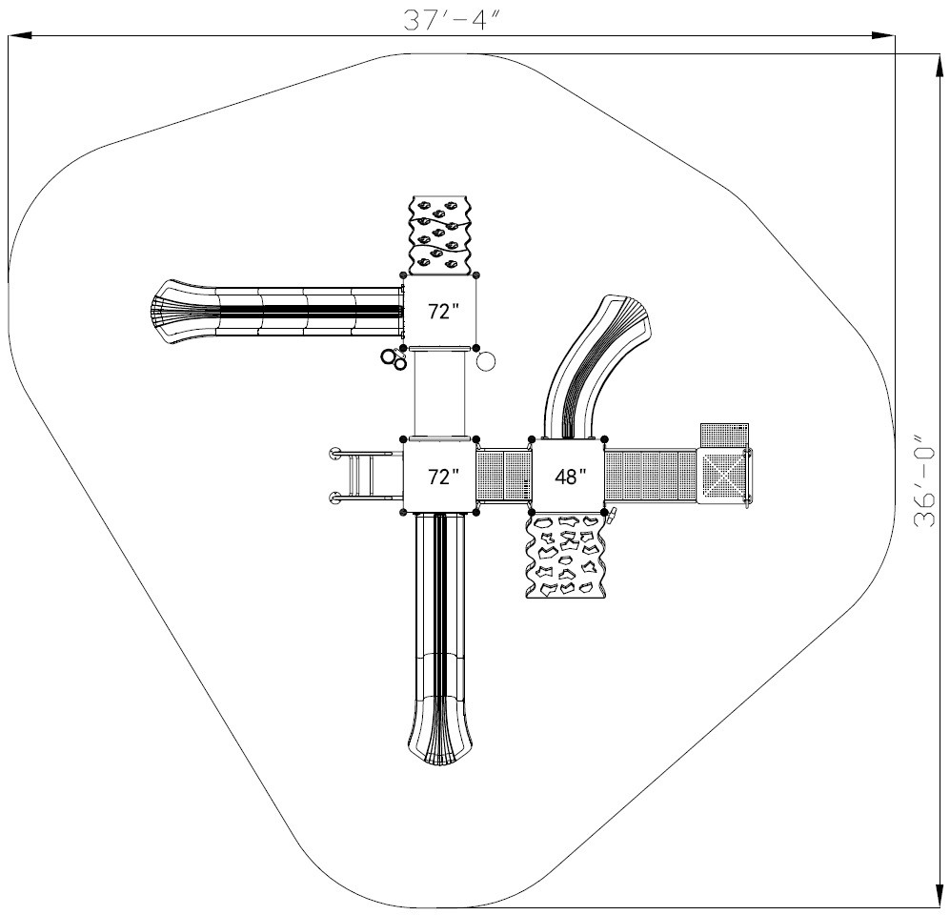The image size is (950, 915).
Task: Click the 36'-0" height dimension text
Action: pyautogui.click(x=922, y=482)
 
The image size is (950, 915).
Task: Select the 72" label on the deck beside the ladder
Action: pyautogui.click(x=440, y=477)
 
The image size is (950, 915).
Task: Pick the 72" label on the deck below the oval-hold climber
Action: pyautogui.click(x=440, y=313)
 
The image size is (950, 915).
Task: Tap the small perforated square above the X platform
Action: pyautogui.click(x=723, y=434)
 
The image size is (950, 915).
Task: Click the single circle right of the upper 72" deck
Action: pyautogui.click(x=486, y=360)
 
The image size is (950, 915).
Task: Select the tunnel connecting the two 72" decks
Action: pyautogui.click(x=440, y=393)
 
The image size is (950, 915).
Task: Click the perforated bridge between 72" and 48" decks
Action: pyautogui.click(x=502, y=475)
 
